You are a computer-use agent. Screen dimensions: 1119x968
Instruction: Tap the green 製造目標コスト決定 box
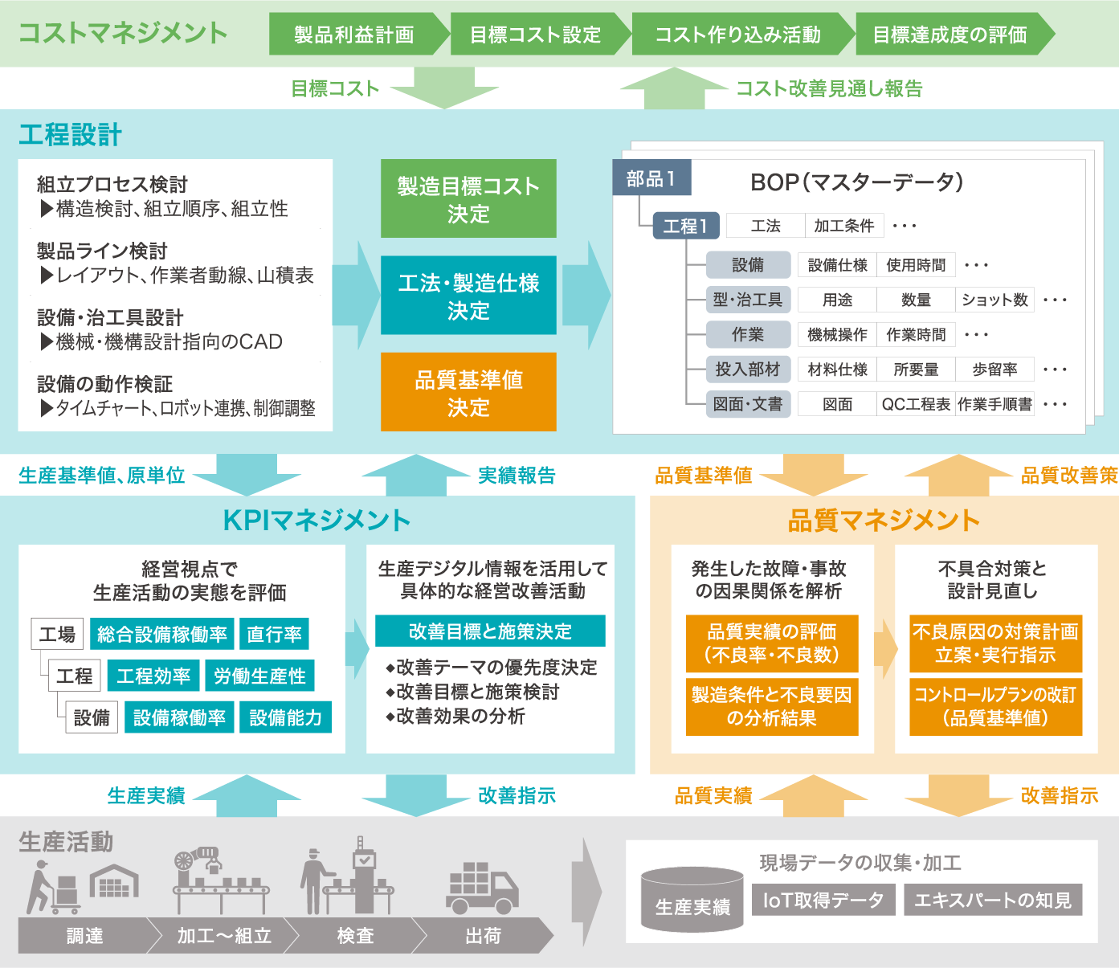click(468, 198)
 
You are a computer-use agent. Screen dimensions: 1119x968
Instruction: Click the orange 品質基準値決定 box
click(468, 392)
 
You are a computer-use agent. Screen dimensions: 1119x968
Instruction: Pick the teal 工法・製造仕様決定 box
click(468, 295)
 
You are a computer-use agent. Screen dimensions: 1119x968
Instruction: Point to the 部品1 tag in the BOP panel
click(651, 178)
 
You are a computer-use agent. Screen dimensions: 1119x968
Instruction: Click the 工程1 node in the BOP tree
click(686, 226)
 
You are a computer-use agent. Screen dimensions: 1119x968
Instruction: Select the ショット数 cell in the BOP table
click(994, 300)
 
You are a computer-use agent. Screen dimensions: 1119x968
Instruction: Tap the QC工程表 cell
click(916, 404)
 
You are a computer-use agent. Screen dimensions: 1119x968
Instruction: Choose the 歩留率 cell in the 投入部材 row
click(994, 370)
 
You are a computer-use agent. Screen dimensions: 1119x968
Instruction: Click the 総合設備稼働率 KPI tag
click(162, 634)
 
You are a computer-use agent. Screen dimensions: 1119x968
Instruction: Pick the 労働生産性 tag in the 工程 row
click(259, 676)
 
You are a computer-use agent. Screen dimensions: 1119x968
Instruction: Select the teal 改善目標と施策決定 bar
click(490, 631)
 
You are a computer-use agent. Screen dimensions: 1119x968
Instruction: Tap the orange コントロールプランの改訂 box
click(995, 707)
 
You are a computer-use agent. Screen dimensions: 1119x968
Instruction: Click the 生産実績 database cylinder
click(692, 899)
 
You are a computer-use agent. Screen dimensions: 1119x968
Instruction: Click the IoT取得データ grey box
click(823, 900)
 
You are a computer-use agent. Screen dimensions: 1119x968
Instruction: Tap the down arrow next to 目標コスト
click(444, 88)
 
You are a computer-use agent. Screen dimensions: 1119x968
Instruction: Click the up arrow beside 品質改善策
click(959, 475)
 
